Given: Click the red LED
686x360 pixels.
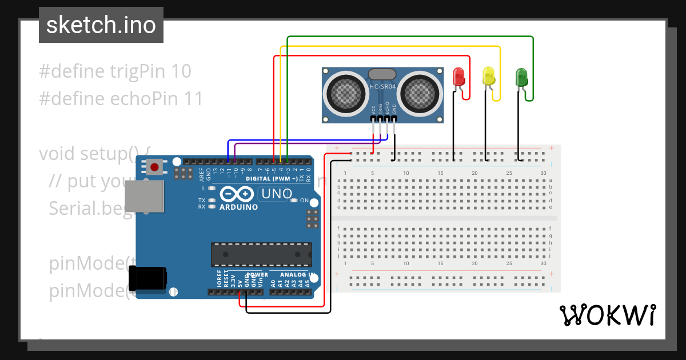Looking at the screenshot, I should click(x=458, y=77).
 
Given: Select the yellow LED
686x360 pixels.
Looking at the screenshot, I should click(x=489, y=77).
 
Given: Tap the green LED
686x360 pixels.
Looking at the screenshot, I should click(x=521, y=77).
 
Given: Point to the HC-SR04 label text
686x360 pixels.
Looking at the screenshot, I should click(x=382, y=86).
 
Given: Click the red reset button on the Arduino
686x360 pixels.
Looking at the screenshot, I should click(x=154, y=167).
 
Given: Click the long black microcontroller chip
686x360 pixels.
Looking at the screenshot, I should click(x=261, y=254).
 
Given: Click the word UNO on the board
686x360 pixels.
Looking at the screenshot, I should click(x=277, y=194).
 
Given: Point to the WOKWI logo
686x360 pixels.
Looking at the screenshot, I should click(x=607, y=315).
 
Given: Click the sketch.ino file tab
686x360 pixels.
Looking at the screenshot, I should click(x=101, y=25).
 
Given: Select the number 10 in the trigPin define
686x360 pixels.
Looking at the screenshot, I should click(x=181, y=71).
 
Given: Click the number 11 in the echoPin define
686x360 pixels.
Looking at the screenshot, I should click(x=193, y=99).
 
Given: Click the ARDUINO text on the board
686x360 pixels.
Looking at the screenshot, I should click(x=238, y=207).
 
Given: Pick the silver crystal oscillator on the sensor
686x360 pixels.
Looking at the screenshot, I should click(x=382, y=74).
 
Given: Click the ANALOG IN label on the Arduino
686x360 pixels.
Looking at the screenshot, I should click(x=293, y=275).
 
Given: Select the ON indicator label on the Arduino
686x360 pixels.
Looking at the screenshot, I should click(x=304, y=201).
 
